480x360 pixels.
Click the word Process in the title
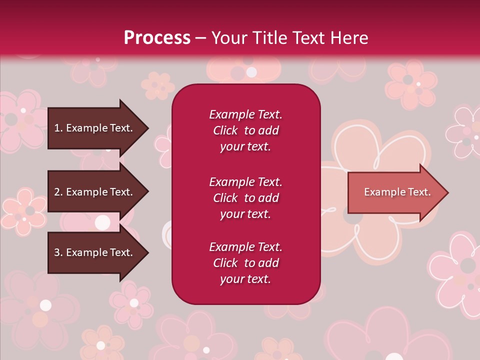click(157, 38)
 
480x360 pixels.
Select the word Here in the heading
click(349, 38)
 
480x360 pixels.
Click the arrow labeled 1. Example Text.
click(98, 128)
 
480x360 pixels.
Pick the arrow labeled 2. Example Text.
click(98, 191)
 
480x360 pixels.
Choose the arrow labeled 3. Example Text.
click(98, 252)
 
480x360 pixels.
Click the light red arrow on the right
click(398, 192)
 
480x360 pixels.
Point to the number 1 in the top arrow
click(56, 128)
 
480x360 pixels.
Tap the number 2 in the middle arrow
click(57, 192)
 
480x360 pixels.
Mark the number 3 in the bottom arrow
click(57, 252)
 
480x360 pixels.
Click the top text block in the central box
click(245, 130)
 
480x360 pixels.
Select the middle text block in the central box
click(245, 198)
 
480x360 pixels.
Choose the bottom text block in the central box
click(245, 262)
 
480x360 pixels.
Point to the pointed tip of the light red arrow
click(448, 192)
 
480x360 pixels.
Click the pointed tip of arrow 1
click(148, 128)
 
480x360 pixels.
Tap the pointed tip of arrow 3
click(148, 252)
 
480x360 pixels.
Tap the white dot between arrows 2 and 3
click(102, 222)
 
